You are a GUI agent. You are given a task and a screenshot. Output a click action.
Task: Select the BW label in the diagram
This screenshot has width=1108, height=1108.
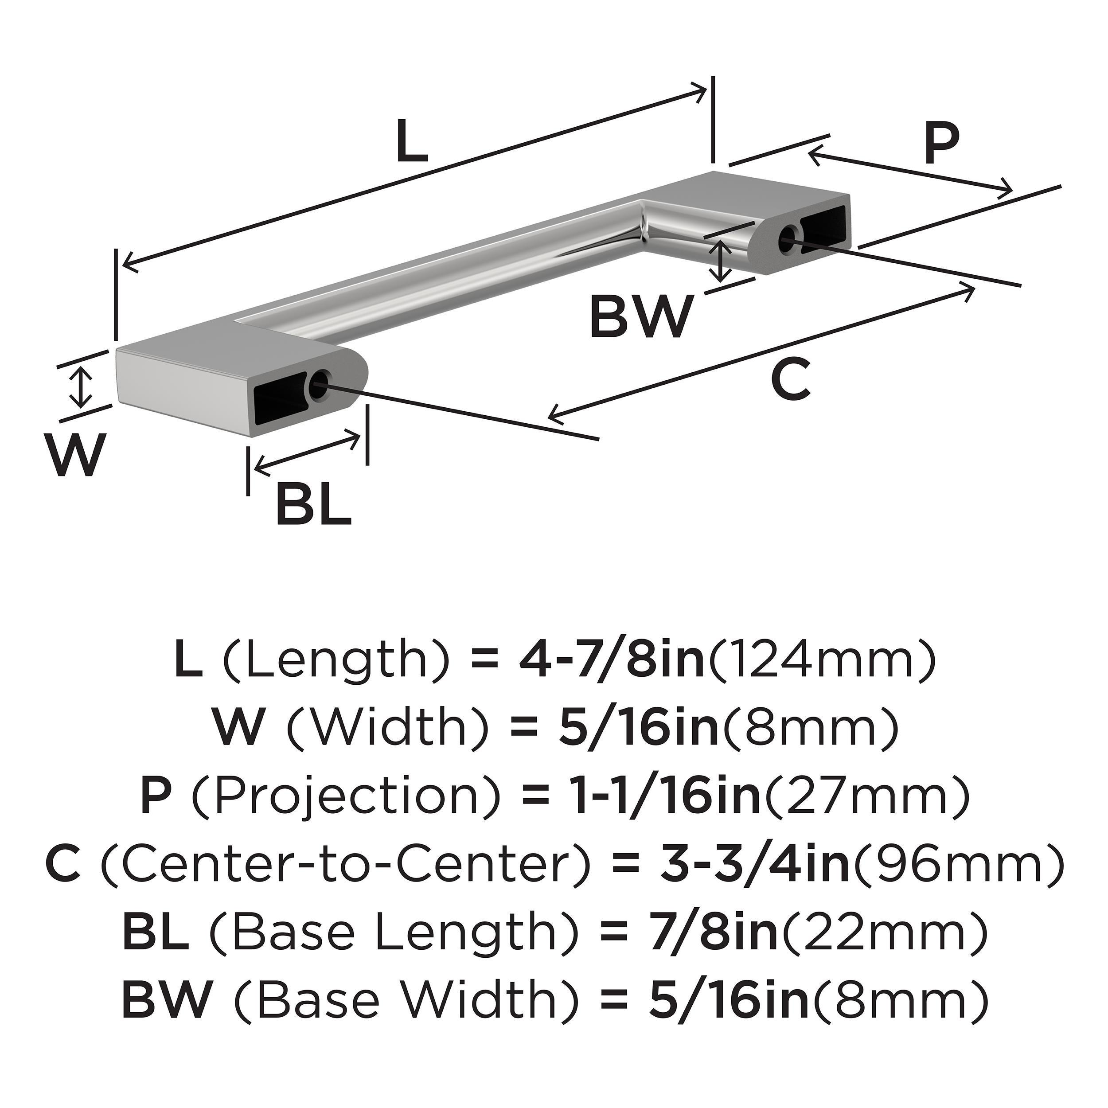pos(640,316)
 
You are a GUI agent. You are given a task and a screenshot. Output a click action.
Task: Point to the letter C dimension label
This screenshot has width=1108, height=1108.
pos(791,378)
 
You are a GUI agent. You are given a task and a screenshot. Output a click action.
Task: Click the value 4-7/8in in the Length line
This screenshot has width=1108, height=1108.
pos(611,661)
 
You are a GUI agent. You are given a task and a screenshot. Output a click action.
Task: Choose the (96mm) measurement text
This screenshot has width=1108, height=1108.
pos(958,866)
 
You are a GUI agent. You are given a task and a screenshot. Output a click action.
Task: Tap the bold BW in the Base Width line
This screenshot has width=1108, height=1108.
pos(166,1001)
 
